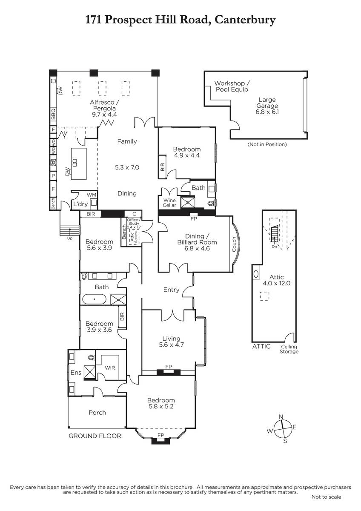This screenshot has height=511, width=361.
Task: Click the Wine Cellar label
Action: tap(169, 203)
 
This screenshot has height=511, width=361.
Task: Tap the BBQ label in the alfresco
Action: tap(53, 114)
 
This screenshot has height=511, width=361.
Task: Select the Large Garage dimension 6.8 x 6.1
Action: tap(267, 112)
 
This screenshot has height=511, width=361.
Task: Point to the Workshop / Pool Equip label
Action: tap(232, 86)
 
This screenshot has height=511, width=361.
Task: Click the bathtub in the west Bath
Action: tap(94, 299)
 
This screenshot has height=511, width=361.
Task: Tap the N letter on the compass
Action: tap(281, 417)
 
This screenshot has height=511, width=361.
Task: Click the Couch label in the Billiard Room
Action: tap(234, 244)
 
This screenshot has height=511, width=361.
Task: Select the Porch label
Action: tap(97, 413)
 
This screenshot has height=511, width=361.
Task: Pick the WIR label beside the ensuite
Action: tap(110, 368)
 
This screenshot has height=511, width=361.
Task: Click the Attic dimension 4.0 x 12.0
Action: tap(276, 283)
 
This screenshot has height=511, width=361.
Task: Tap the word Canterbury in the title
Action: tap(245, 20)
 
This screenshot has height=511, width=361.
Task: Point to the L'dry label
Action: tap(80, 204)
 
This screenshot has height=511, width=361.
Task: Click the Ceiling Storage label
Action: tap(289, 349)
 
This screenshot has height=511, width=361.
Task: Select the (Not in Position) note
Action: tap(267, 144)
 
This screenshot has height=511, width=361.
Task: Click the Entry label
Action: tap(171, 290)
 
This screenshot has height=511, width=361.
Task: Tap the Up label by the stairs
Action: tap(70, 238)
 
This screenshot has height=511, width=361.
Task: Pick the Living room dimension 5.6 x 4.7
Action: tap(171, 344)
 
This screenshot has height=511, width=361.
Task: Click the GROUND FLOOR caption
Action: tap(95, 436)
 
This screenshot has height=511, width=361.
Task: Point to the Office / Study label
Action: tap(134, 221)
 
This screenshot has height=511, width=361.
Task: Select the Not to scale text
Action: tap(327, 497)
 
